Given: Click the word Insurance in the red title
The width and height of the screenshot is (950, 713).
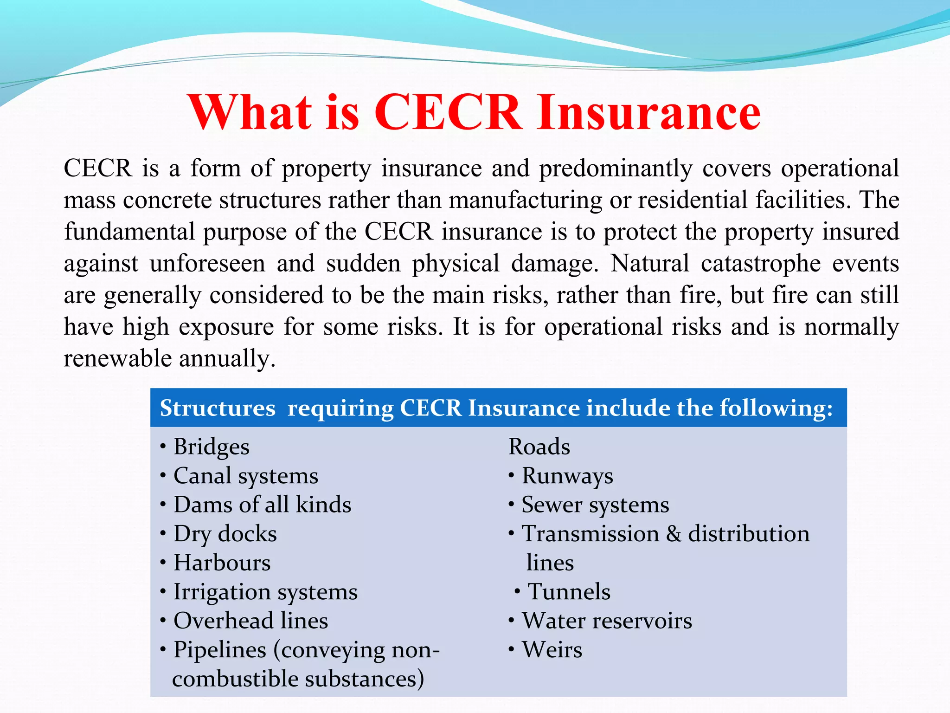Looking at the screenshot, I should [649, 112].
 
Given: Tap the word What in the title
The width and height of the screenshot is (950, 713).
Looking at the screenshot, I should [250, 112].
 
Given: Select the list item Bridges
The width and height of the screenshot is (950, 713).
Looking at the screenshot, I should [212, 447].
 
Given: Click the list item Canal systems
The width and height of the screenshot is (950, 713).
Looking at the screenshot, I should [246, 476].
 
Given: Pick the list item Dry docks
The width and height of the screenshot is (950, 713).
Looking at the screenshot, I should [225, 534].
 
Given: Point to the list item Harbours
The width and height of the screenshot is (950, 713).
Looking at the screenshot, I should [222, 563].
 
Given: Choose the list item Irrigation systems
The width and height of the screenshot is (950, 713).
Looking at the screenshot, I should [265, 592].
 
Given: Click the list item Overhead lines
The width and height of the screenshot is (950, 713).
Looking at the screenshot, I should [250, 621].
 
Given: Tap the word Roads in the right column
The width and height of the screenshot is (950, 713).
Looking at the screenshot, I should [539, 447].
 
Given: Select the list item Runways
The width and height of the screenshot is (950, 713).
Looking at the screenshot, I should [567, 476].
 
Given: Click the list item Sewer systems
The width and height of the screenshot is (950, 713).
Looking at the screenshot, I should [595, 505].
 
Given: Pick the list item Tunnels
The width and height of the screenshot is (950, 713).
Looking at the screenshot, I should [569, 592].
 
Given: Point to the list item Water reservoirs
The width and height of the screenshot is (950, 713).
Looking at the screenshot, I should [607, 621].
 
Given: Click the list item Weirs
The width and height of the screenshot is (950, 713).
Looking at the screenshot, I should [552, 649].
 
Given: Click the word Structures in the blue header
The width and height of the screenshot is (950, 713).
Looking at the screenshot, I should [218, 408].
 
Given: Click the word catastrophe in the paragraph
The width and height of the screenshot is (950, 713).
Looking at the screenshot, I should [761, 263].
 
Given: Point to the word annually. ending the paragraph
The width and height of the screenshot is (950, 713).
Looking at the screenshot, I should [227, 358].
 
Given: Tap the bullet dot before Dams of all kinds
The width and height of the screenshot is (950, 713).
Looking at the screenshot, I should [163, 505].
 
